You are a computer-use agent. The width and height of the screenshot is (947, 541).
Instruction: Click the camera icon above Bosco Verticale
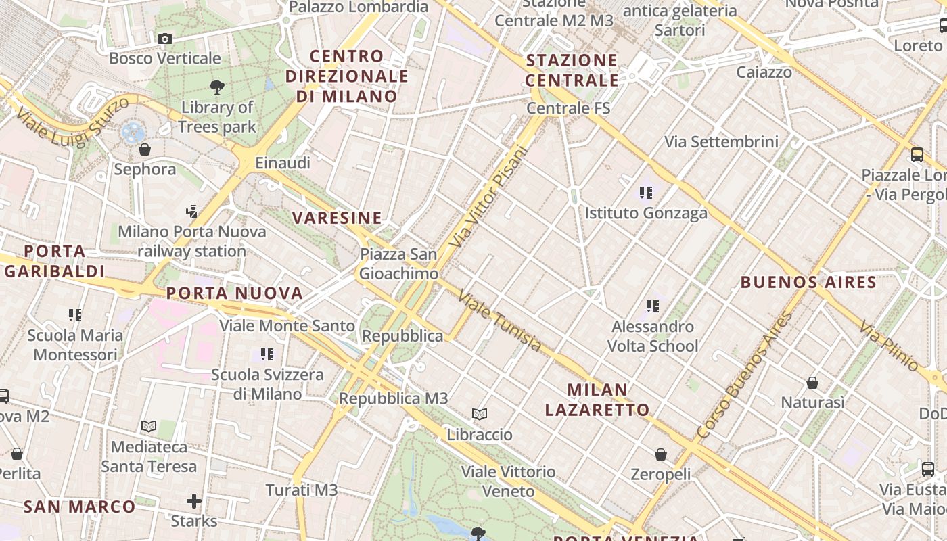[164, 39]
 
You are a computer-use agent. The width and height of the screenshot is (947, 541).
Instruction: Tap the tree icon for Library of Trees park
[217, 87]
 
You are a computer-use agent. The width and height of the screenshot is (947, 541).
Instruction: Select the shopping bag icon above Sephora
[144, 149]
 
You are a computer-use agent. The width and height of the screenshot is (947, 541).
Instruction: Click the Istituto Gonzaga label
[646, 213]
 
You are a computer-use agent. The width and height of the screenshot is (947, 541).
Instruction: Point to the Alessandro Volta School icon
[652, 306]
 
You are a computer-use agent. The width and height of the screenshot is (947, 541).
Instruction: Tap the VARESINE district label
[337, 218]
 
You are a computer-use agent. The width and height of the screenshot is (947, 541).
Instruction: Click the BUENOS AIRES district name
[808, 282]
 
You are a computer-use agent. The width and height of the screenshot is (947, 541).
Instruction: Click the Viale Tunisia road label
[500, 321]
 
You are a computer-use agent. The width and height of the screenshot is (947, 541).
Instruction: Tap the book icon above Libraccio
[480, 414]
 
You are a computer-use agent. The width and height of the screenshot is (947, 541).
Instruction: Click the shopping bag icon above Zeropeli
[660, 454]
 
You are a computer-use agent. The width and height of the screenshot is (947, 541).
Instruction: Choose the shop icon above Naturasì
[812, 383]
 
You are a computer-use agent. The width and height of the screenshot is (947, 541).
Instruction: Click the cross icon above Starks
[194, 501]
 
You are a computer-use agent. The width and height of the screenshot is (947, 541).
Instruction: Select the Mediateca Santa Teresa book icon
[149, 427]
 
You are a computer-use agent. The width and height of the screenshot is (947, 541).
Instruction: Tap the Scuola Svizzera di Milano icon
[267, 354]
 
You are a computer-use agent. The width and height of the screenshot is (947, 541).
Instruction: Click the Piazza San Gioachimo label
[398, 264]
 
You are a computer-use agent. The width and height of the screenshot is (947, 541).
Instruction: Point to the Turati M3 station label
[301, 490]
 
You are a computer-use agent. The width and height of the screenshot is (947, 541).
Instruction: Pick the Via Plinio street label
[890, 346]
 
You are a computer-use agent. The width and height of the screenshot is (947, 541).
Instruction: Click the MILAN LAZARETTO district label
[597, 400]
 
